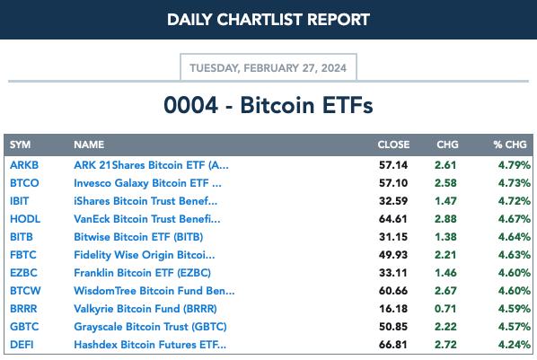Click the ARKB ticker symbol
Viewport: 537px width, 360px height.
click(x=24, y=165)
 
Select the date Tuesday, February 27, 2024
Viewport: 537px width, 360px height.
click(x=268, y=68)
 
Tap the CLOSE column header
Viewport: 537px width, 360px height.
click(x=393, y=145)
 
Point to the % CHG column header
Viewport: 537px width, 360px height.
click(x=510, y=145)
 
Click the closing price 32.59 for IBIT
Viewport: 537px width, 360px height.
click(x=393, y=201)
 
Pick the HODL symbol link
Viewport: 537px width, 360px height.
click(x=25, y=219)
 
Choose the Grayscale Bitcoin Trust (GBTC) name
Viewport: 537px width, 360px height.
click(x=150, y=327)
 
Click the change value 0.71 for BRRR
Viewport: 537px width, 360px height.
click(x=445, y=309)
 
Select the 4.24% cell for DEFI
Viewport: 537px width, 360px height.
click(x=514, y=345)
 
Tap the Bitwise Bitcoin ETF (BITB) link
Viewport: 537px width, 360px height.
click(x=138, y=237)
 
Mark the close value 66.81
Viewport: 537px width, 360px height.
click(x=393, y=345)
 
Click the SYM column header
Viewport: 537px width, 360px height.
click(x=21, y=145)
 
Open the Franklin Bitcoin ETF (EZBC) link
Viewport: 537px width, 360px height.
click(x=142, y=273)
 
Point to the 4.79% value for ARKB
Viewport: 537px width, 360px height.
click(x=514, y=165)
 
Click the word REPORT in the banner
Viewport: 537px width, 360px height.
click(x=339, y=20)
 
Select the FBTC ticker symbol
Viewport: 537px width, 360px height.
click(x=23, y=255)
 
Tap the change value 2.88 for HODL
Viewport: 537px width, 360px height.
click(x=445, y=219)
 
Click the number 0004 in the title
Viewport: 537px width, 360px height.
click(x=190, y=105)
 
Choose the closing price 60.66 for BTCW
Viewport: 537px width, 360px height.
click(x=393, y=291)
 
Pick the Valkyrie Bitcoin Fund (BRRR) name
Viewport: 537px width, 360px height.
click(x=145, y=309)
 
